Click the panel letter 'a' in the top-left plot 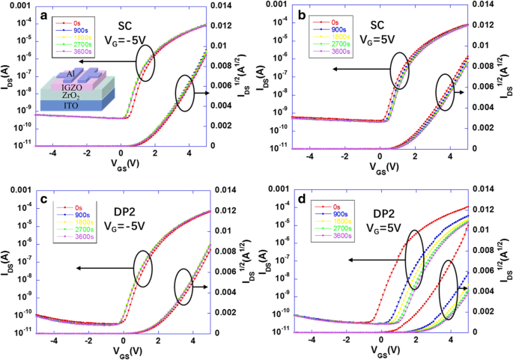coord(45,16)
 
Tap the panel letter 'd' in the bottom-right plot coord(301,200)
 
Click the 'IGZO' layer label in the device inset coord(73,85)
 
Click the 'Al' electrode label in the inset coord(69,73)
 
